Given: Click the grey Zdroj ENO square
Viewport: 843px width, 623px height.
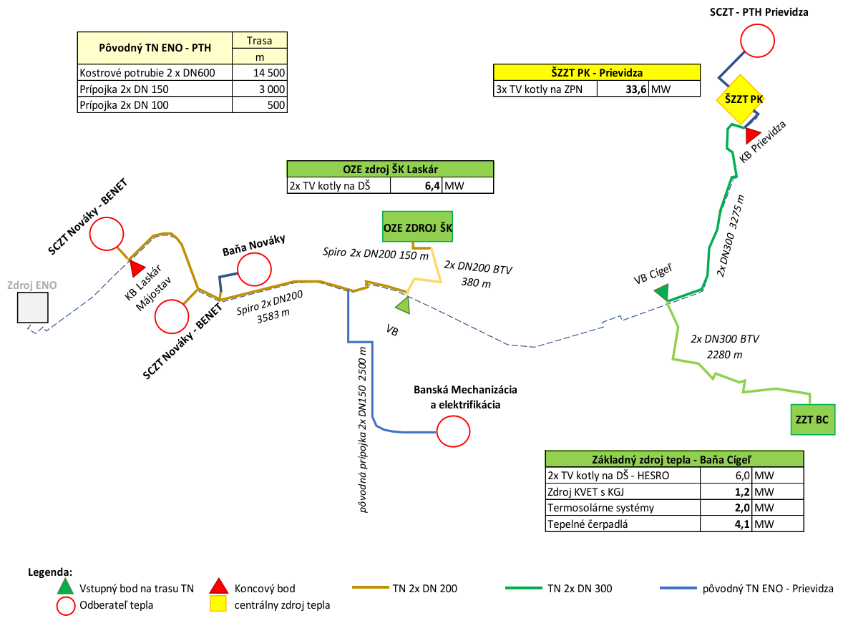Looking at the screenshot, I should pyautogui.click(x=34, y=308).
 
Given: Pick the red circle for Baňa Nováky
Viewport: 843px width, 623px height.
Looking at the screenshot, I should pyautogui.click(x=254, y=270).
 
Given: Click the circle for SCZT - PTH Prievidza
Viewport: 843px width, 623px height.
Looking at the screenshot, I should pyautogui.click(x=757, y=41).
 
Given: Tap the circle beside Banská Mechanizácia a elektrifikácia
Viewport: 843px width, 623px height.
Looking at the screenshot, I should pyautogui.click(x=453, y=431).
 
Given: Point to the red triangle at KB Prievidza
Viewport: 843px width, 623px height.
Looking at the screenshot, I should pyautogui.click(x=752, y=134).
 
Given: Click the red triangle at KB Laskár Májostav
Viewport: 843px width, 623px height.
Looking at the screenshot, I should pyautogui.click(x=137, y=268).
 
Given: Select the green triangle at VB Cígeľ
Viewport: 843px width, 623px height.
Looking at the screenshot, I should pyautogui.click(x=662, y=292).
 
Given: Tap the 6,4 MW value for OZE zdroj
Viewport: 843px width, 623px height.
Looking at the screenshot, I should pyautogui.click(x=429, y=186).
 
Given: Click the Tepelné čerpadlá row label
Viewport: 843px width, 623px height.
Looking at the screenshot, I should pyautogui.click(x=583, y=524).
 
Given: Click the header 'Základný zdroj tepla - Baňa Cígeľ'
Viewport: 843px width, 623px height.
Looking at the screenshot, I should pyautogui.click(x=675, y=459).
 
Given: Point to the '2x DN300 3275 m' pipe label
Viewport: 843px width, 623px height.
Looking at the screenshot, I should pyautogui.click(x=731, y=235).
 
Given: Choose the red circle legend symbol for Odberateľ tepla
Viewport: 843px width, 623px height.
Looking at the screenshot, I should pyautogui.click(x=65, y=606).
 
